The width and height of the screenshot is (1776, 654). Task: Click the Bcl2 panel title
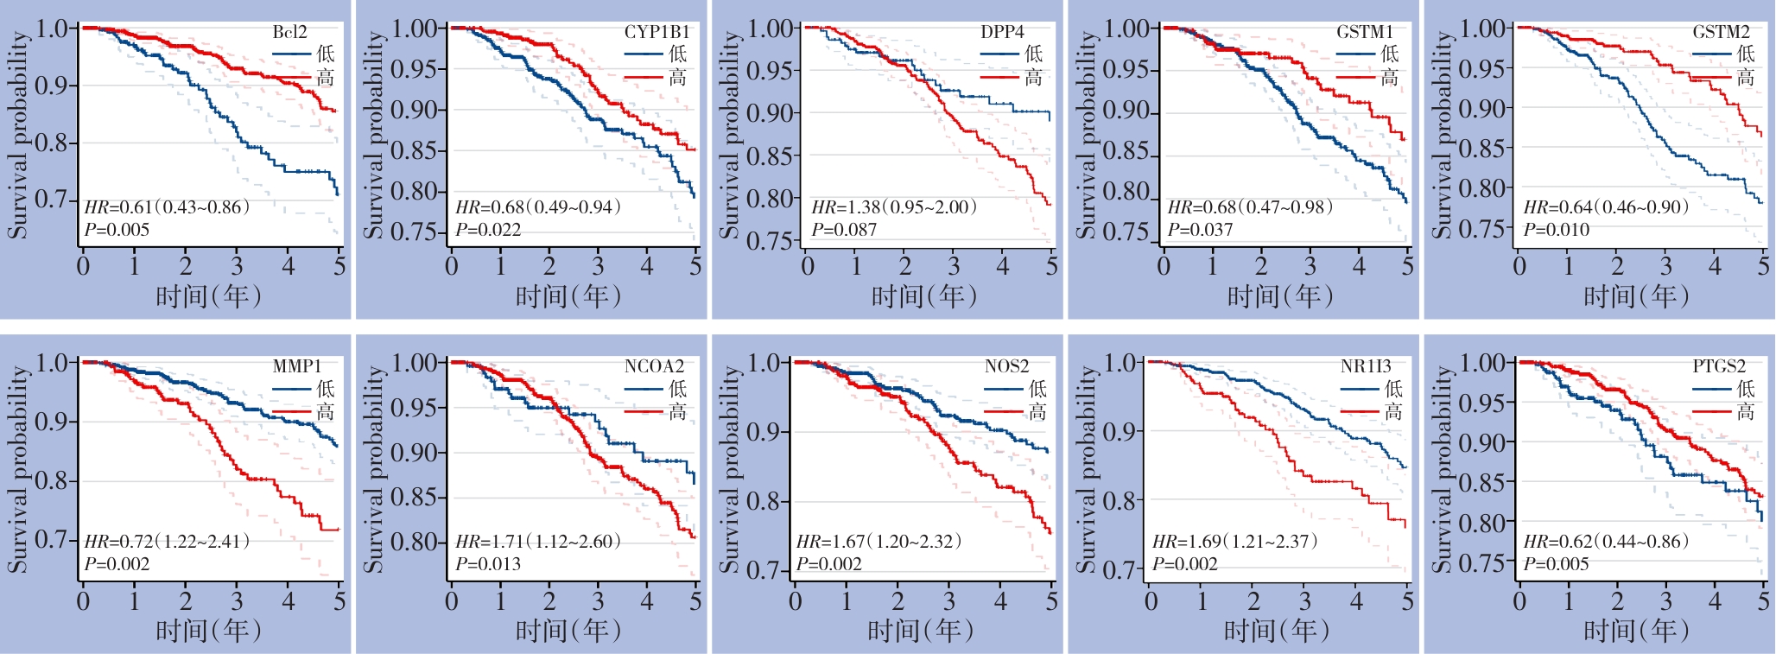click(x=289, y=33)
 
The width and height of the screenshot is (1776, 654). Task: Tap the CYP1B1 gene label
click(x=656, y=33)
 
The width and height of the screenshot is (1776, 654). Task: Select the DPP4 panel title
click(x=1002, y=33)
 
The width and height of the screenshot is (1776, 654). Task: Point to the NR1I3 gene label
click(x=1366, y=366)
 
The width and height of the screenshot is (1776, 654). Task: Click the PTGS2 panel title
click(x=1719, y=366)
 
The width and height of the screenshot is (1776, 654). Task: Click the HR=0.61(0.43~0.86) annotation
click(x=167, y=207)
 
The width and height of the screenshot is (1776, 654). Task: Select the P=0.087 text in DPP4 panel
click(x=844, y=230)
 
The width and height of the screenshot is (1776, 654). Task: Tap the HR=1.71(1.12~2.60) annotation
click(x=538, y=542)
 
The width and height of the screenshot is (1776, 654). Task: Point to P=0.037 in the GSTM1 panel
click(x=1200, y=230)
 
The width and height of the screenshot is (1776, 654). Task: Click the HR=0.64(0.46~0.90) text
click(x=1606, y=207)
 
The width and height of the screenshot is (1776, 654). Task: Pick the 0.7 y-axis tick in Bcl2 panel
click(x=51, y=200)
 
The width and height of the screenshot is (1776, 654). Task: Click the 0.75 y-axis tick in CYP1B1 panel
click(x=418, y=232)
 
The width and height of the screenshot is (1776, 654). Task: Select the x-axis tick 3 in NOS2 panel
click(x=949, y=600)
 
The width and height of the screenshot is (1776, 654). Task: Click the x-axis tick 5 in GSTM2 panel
click(x=1763, y=266)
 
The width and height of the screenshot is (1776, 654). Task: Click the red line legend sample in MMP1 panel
click(x=292, y=412)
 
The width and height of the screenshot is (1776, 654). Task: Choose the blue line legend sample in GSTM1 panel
click(x=1355, y=54)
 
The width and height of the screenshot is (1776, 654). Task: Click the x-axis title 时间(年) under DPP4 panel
click(x=923, y=296)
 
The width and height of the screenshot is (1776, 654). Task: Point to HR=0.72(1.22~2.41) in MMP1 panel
click(x=167, y=542)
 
